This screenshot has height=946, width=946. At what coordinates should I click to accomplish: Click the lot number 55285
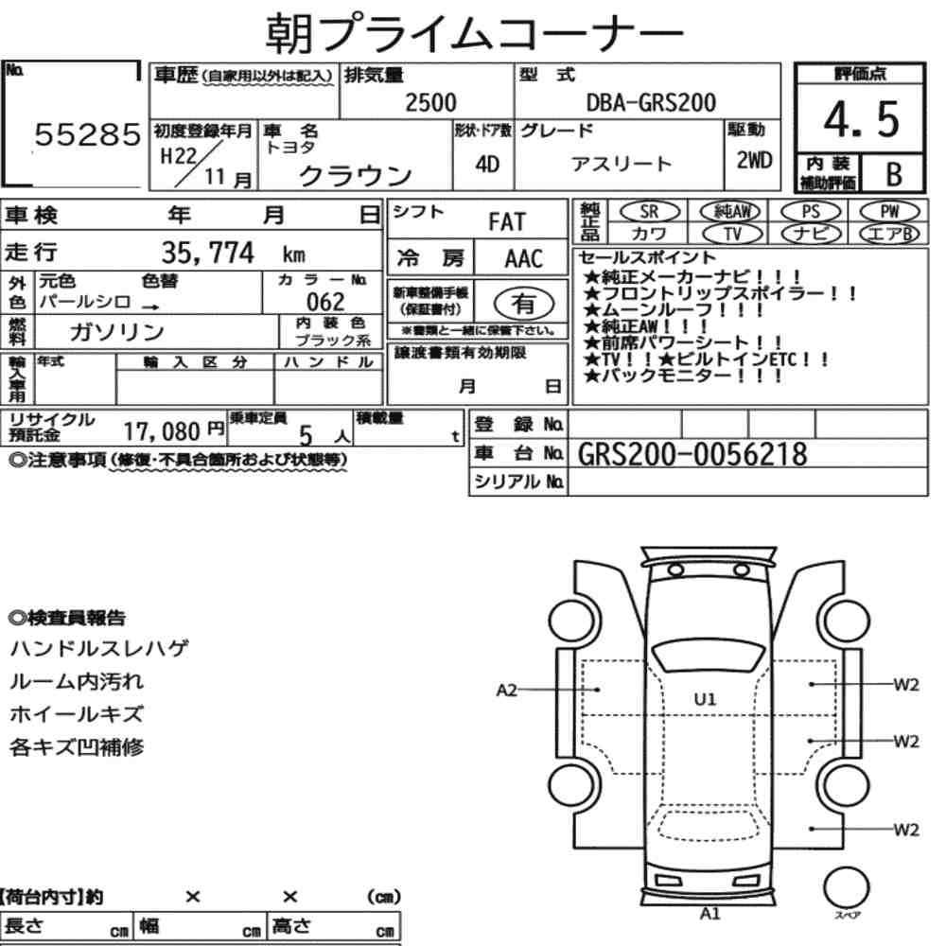coord(87,134)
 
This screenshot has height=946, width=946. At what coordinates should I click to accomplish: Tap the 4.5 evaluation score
coord(861,119)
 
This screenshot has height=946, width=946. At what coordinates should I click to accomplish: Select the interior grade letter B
coord(894,174)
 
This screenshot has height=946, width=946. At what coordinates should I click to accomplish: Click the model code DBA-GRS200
coord(651,102)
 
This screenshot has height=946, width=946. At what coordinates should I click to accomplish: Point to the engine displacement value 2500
coord(430,102)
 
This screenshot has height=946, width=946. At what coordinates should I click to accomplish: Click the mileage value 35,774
coord(207,253)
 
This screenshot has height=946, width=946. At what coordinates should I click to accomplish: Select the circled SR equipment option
coord(649,212)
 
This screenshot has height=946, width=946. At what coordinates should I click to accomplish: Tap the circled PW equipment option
coord(889,212)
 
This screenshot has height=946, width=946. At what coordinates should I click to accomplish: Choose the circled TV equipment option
coord(732,234)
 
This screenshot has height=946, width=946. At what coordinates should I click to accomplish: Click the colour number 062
coord(325,301)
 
